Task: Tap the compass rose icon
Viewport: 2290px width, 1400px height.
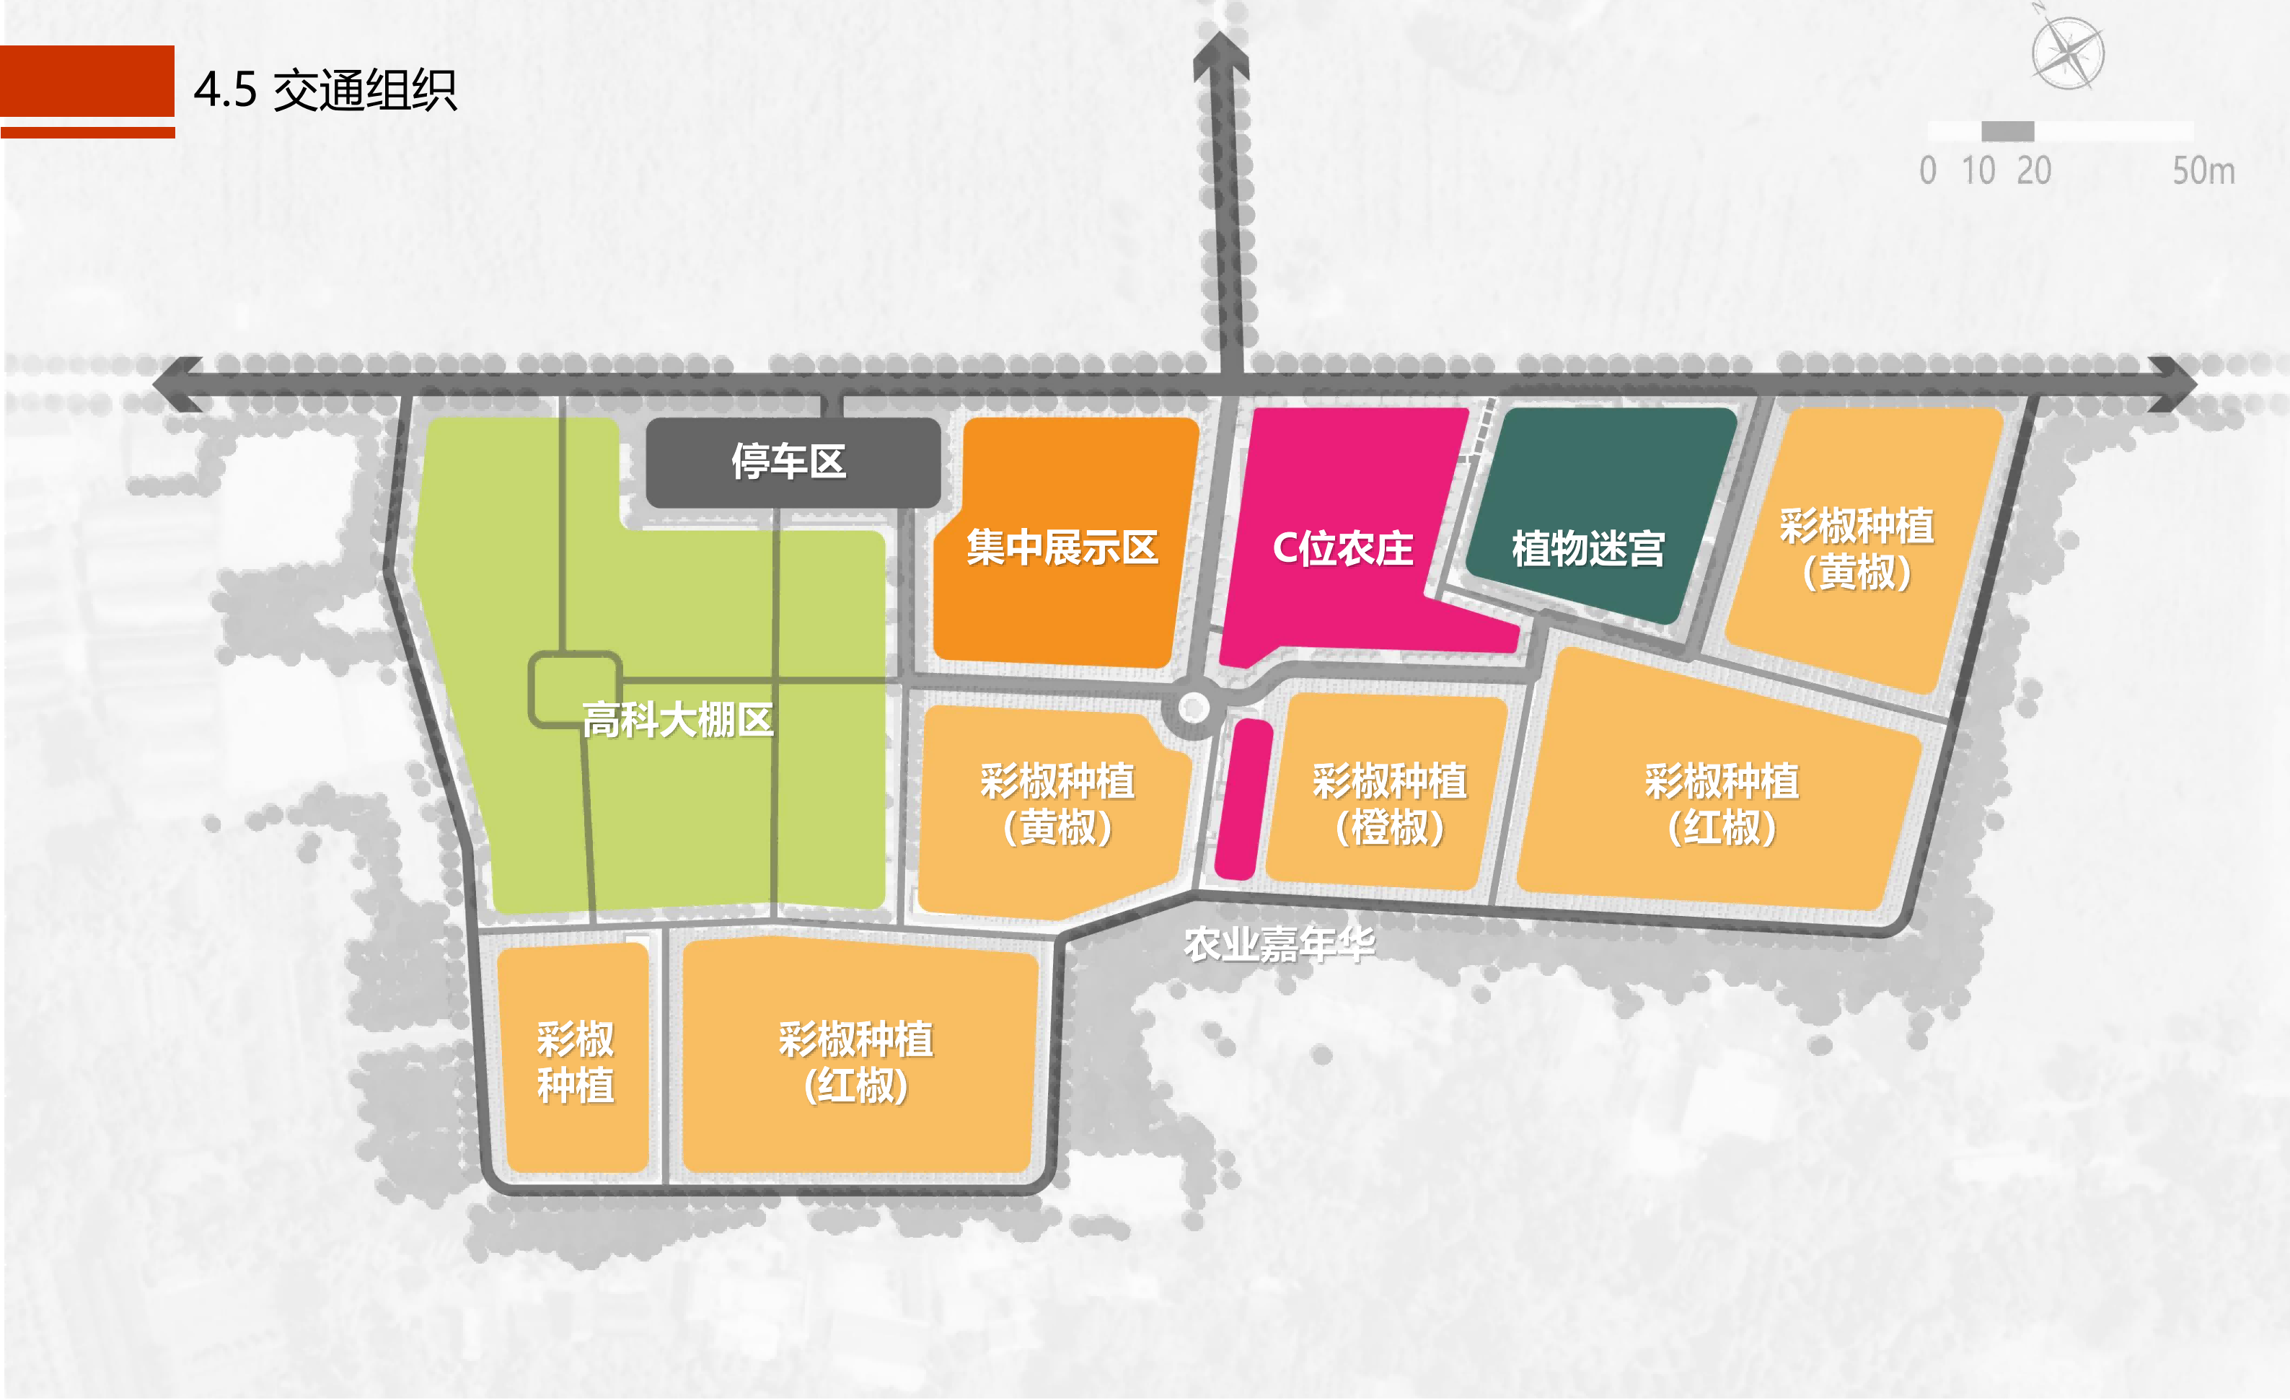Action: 2068,53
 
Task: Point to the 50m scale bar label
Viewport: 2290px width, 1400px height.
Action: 2203,171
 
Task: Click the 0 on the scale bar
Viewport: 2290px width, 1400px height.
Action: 1929,171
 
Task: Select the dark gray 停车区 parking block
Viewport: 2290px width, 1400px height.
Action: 792,462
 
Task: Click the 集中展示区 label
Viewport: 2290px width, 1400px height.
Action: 1062,547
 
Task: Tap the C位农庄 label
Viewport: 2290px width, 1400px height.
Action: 1343,548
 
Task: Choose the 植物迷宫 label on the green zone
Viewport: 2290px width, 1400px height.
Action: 1587,548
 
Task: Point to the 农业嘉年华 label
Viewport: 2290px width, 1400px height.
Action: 1279,944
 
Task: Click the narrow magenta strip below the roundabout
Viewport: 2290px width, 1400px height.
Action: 1243,799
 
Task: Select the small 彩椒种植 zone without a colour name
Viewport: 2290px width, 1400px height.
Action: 574,1062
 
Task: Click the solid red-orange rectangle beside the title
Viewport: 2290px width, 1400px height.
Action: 87,81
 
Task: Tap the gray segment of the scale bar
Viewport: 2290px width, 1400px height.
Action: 2007,131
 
